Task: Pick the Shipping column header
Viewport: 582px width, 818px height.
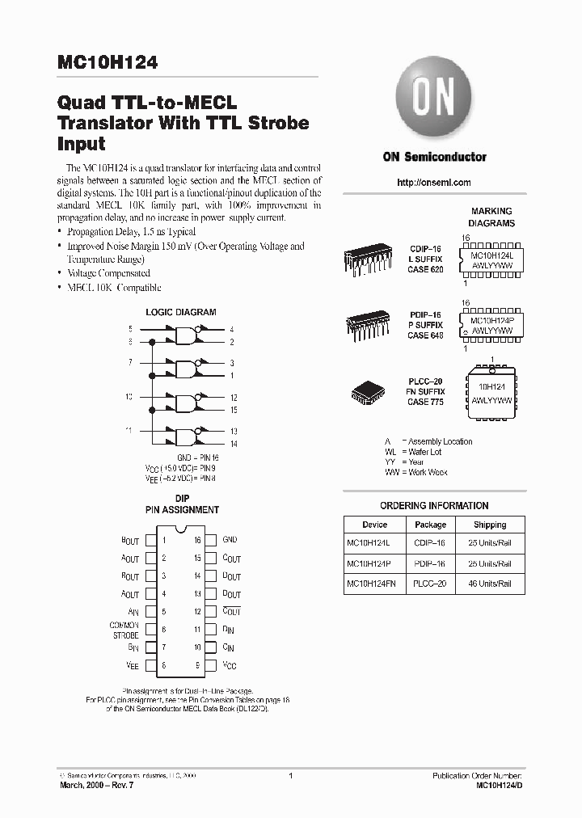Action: [490, 525]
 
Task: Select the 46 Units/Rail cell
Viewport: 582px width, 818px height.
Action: [490, 583]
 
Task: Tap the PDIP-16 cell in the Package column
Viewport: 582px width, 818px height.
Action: [430, 563]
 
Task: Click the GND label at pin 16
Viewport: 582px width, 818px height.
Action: [230, 539]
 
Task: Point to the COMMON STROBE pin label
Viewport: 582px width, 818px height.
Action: [124, 630]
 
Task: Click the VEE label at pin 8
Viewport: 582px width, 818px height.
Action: [133, 666]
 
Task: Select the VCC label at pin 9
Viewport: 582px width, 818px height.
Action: [230, 666]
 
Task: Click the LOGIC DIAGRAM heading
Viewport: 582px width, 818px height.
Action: [180, 312]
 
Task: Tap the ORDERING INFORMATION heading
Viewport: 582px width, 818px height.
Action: [434, 505]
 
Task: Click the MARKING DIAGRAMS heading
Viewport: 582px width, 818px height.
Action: [492, 217]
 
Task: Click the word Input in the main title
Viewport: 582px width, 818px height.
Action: [82, 144]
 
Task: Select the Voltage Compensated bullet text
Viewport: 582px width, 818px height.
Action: [108, 273]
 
